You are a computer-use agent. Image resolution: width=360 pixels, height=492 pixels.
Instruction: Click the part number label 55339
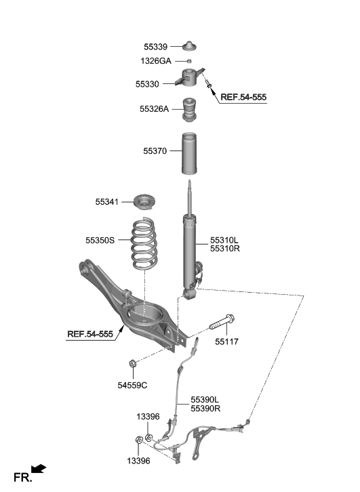coord(155,47)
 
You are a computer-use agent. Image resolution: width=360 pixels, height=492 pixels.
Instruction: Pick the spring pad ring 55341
coord(144,202)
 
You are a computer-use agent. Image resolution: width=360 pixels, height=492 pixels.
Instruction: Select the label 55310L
coord(224,240)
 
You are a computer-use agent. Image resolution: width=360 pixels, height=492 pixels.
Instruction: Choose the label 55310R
coord(224,249)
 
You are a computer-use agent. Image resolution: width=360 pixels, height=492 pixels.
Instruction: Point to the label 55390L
coord(205,400)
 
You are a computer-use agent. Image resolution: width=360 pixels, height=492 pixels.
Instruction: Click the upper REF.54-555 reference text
coord(244,98)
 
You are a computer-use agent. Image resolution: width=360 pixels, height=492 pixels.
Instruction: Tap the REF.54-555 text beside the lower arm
coord(90,334)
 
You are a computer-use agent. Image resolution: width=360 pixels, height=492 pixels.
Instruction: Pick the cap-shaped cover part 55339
coord(191,46)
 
